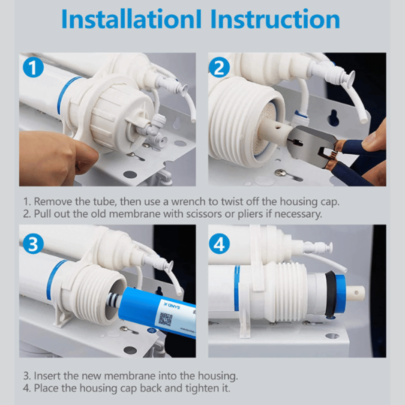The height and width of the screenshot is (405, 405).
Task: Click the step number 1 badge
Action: pyautogui.click(x=33, y=68)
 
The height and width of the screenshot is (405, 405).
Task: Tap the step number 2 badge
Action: pyautogui.click(x=219, y=68)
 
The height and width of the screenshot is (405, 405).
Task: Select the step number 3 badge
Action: pyautogui.click(x=33, y=244)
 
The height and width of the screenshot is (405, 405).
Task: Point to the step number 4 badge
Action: pyautogui.click(x=219, y=244)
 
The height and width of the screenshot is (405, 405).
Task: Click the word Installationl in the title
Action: pyautogui.click(x=132, y=20)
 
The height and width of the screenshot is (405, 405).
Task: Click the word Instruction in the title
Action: pyautogui.click(x=275, y=20)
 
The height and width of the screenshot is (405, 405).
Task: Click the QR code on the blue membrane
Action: pyautogui.click(x=165, y=319)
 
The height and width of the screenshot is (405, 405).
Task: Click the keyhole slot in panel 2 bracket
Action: pyautogui.click(x=333, y=118)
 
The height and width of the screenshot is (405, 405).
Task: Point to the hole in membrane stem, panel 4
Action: pyautogui.click(x=356, y=293)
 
